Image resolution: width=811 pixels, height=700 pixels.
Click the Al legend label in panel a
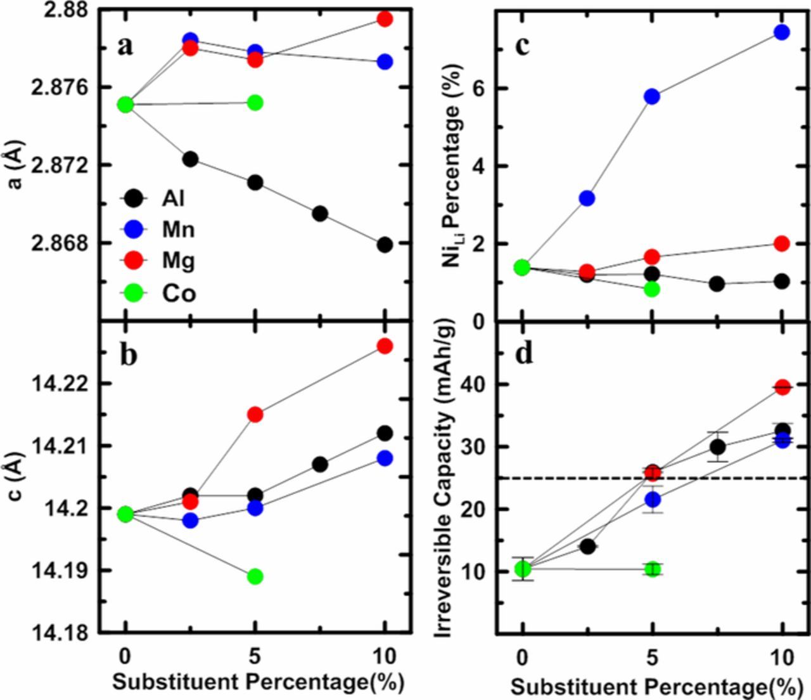click(173, 198)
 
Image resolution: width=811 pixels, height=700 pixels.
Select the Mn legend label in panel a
click(178, 230)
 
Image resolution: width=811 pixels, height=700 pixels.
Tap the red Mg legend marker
click(134, 261)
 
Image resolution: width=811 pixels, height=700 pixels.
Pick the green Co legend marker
click(134, 292)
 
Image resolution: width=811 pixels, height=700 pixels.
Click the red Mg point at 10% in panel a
click(385, 19)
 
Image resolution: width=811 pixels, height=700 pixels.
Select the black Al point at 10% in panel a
click(385, 245)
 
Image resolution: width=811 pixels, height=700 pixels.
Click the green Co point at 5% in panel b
click(255, 576)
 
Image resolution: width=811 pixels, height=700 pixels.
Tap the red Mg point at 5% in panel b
click(255, 415)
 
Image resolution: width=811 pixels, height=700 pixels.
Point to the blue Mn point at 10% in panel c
click(782, 32)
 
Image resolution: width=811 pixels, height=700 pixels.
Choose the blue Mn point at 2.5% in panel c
click(587, 198)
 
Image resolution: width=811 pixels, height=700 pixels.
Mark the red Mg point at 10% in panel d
click(782, 387)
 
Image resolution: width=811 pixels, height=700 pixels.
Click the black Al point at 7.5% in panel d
click(717, 447)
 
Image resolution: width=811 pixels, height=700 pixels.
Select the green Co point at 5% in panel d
click(653, 569)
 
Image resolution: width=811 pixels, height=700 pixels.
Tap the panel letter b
click(128, 355)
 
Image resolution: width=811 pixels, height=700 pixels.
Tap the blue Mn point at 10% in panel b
click(385, 458)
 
